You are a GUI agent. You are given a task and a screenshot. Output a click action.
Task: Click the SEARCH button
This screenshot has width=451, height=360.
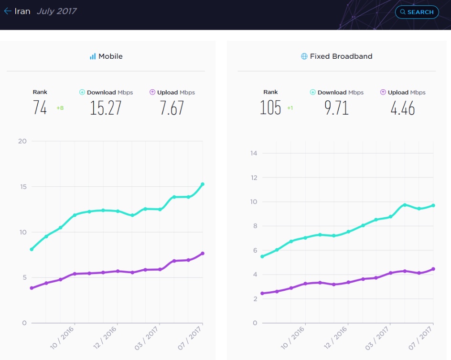[417, 12]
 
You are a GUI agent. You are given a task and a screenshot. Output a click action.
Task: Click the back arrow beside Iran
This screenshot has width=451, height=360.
[8, 11]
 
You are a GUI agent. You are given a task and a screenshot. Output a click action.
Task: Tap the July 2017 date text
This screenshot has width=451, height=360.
[57, 11]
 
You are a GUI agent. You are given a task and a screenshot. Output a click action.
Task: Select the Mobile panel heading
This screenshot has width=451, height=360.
[106, 56]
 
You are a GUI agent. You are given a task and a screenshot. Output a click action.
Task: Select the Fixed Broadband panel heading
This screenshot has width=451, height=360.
[336, 56]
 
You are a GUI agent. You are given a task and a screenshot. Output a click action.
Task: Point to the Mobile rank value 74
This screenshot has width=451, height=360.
[40, 108]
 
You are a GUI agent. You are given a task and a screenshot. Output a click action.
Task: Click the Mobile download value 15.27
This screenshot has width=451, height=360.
[106, 108]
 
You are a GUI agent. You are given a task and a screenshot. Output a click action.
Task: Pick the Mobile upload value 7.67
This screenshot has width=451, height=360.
[172, 108]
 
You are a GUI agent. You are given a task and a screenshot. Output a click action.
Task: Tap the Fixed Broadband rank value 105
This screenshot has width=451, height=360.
[270, 108]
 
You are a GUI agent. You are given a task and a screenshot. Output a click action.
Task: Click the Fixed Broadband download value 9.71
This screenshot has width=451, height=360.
[336, 108]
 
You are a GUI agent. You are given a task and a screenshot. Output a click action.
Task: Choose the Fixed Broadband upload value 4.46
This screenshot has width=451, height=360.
[403, 108]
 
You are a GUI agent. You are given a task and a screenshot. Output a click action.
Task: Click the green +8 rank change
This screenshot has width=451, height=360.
[60, 108]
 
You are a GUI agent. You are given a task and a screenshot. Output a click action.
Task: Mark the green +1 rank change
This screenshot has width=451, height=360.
[290, 108]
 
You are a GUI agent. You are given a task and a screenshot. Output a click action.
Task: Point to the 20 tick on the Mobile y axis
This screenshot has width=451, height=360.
[22, 141]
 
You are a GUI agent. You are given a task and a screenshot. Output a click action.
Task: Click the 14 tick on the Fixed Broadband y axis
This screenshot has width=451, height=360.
[254, 153]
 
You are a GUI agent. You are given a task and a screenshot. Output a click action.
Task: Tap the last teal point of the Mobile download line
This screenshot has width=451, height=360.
[203, 184]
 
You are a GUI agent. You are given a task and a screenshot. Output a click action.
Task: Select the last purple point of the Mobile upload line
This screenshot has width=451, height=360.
[203, 254]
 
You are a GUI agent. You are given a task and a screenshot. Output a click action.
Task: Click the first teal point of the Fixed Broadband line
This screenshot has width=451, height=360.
[262, 256]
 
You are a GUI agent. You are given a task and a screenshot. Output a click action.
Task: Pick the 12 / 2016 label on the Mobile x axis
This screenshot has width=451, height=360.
[105, 338]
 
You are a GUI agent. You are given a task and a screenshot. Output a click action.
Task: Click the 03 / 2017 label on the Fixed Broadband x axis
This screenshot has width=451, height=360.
[377, 339]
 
